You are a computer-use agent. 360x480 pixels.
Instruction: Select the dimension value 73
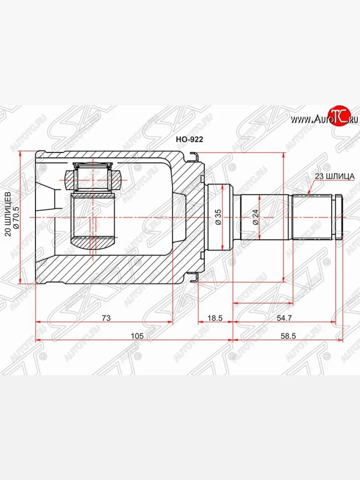click(106, 318)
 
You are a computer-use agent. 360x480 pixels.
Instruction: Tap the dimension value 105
click(137, 336)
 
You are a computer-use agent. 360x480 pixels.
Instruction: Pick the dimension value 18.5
click(215, 318)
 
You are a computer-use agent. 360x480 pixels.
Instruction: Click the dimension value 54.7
click(284, 318)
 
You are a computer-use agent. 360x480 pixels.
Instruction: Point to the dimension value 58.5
click(288, 336)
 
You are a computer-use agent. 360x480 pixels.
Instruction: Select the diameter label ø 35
click(218, 217)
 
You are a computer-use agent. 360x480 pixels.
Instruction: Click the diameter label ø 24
click(256, 217)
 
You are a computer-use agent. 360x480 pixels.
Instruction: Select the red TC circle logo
click(339, 116)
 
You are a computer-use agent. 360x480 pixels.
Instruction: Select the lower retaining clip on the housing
click(194, 276)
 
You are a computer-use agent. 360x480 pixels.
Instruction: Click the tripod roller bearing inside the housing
click(93, 176)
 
